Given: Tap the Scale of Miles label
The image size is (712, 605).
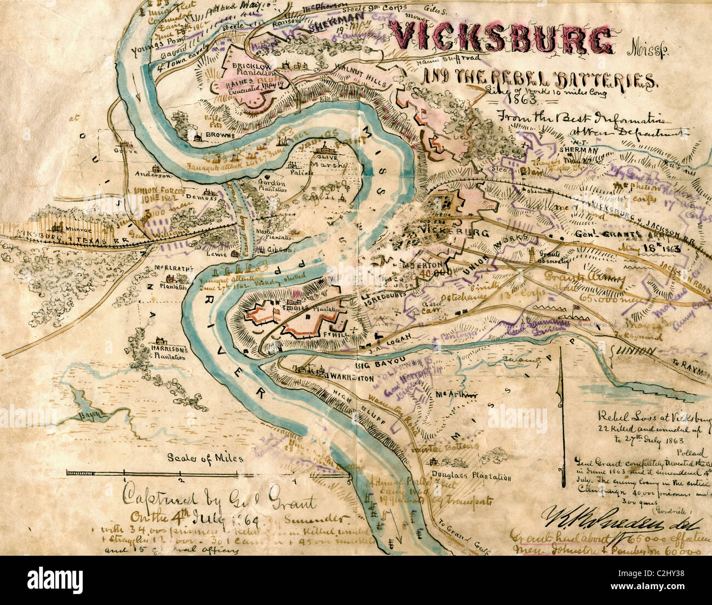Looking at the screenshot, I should coord(205,458).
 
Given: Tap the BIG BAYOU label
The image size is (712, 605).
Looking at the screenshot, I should coord(376,363).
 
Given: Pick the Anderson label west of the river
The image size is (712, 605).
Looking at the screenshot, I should coord(154,176).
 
